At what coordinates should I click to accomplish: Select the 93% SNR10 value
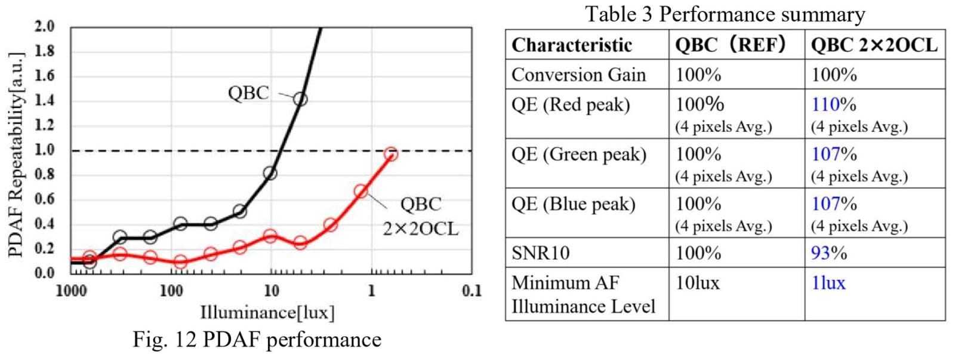(829, 253)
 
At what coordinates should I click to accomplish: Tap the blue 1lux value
(828, 282)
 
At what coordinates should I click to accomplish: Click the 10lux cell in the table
(697, 282)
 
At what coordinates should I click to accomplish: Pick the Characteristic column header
(571, 45)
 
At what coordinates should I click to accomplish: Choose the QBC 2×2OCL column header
(874, 45)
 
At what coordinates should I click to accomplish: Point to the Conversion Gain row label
(578, 75)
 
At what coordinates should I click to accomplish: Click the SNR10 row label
(540, 253)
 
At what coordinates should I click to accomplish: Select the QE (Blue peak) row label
(574, 204)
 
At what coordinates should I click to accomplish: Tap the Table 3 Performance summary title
(725, 14)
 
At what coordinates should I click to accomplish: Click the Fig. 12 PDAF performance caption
(257, 340)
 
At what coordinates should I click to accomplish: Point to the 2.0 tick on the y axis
(45, 27)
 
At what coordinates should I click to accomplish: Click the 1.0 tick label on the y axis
(45, 150)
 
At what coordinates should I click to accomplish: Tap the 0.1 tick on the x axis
(472, 291)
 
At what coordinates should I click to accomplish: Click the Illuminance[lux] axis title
(267, 312)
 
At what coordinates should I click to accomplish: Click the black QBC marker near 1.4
(300, 99)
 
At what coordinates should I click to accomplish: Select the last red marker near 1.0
(391, 154)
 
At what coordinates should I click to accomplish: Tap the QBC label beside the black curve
(248, 93)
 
